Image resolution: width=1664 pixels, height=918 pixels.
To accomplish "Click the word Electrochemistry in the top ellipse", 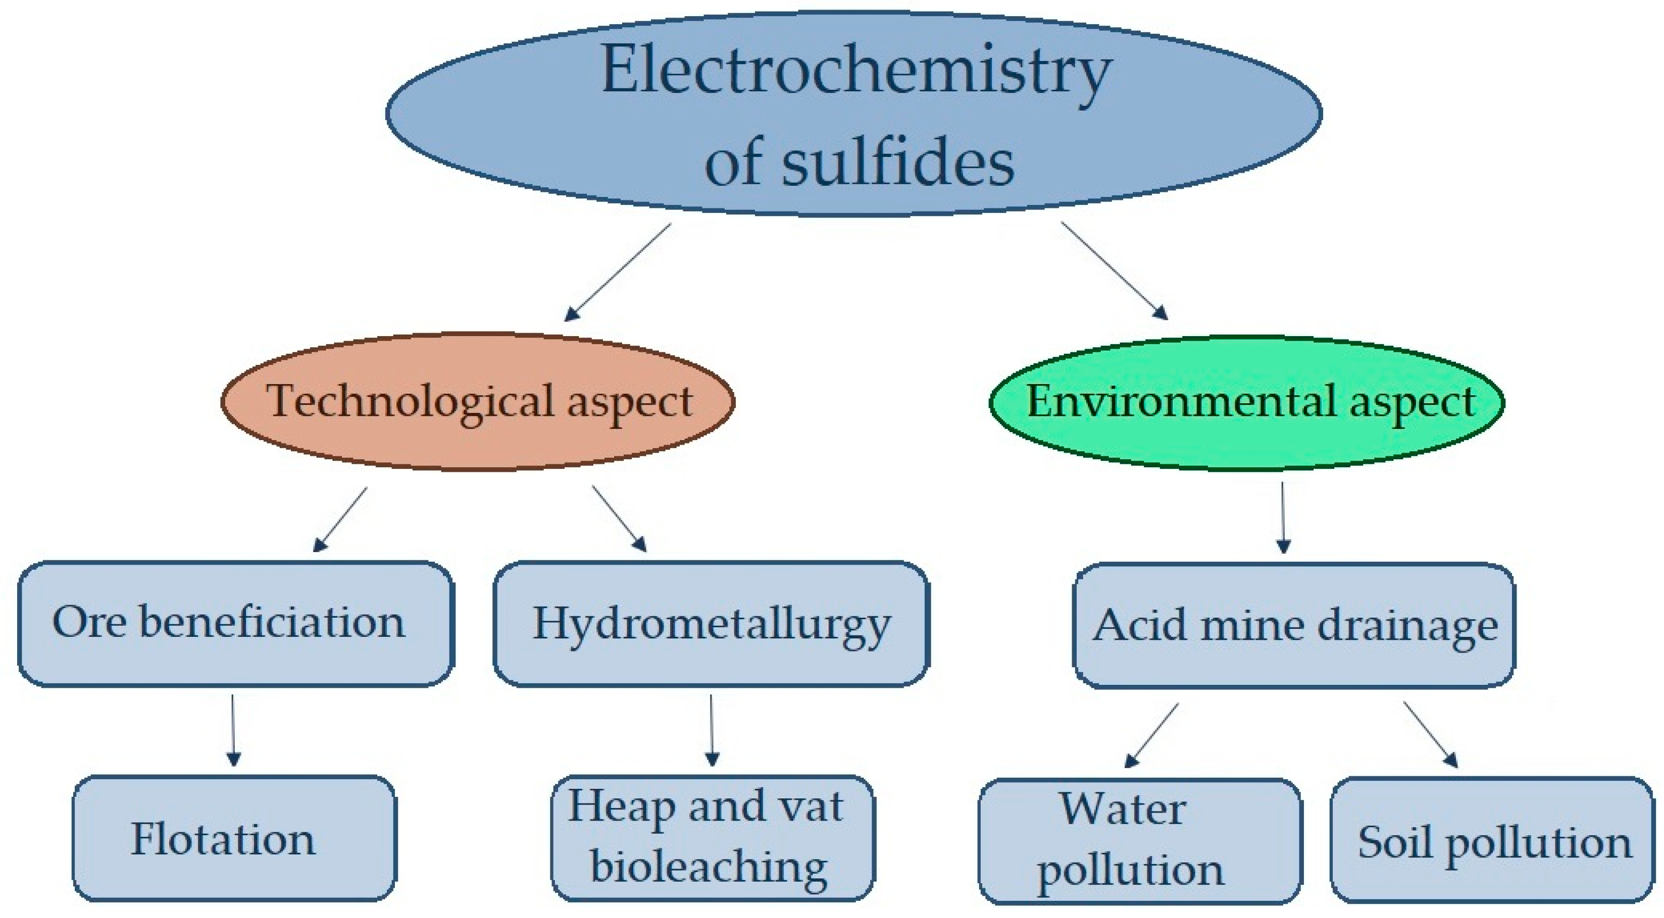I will (x=855, y=72).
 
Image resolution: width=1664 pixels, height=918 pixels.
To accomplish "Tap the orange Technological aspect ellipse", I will (x=478, y=401).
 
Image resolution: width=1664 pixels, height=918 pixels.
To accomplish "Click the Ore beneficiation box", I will (x=235, y=623).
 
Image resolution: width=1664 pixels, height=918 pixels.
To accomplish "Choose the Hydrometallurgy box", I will (x=711, y=623).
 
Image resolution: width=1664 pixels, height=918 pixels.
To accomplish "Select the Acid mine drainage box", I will (x=1294, y=625).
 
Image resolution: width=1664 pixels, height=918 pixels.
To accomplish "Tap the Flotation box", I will (x=234, y=838).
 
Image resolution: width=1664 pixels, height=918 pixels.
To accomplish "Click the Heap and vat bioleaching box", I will (x=712, y=838).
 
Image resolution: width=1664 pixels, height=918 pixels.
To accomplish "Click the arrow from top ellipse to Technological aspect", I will (x=618, y=272).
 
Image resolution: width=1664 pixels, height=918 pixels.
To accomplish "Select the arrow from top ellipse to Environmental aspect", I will (x=1114, y=271).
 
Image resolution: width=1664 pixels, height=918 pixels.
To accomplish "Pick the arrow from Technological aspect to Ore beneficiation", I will (x=340, y=519).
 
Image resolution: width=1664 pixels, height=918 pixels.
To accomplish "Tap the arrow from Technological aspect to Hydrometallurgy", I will (x=619, y=518).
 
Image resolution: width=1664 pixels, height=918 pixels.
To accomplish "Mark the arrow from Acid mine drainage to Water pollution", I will (x=1152, y=735).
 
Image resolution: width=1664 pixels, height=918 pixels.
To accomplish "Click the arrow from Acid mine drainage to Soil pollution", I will (x=1430, y=735).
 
